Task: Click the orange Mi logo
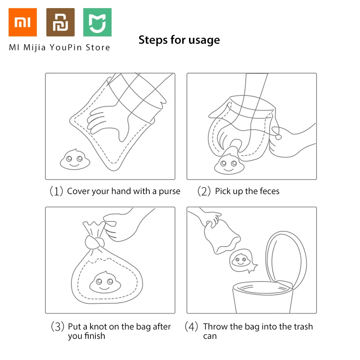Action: (x=22, y=22)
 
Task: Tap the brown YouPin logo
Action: (x=60, y=22)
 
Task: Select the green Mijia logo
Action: (x=97, y=22)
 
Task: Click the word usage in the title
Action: (x=204, y=40)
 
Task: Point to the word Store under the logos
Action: (x=98, y=48)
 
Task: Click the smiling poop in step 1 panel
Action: (x=75, y=160)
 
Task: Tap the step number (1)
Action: (x=56, y=191)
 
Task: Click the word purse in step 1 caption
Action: (x=170, y=192)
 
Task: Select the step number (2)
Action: (x=204, y=191)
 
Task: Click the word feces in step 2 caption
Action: (x=270, y=191)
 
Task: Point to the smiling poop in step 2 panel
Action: (x=229, y=164)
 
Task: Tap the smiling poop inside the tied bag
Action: (x=105, y=283)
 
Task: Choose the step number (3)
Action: (x=58, y=327)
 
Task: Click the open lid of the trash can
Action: (x=286, y=260)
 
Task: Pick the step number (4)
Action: (x=191, y=327)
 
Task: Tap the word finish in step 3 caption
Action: (x=95, y=336)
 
